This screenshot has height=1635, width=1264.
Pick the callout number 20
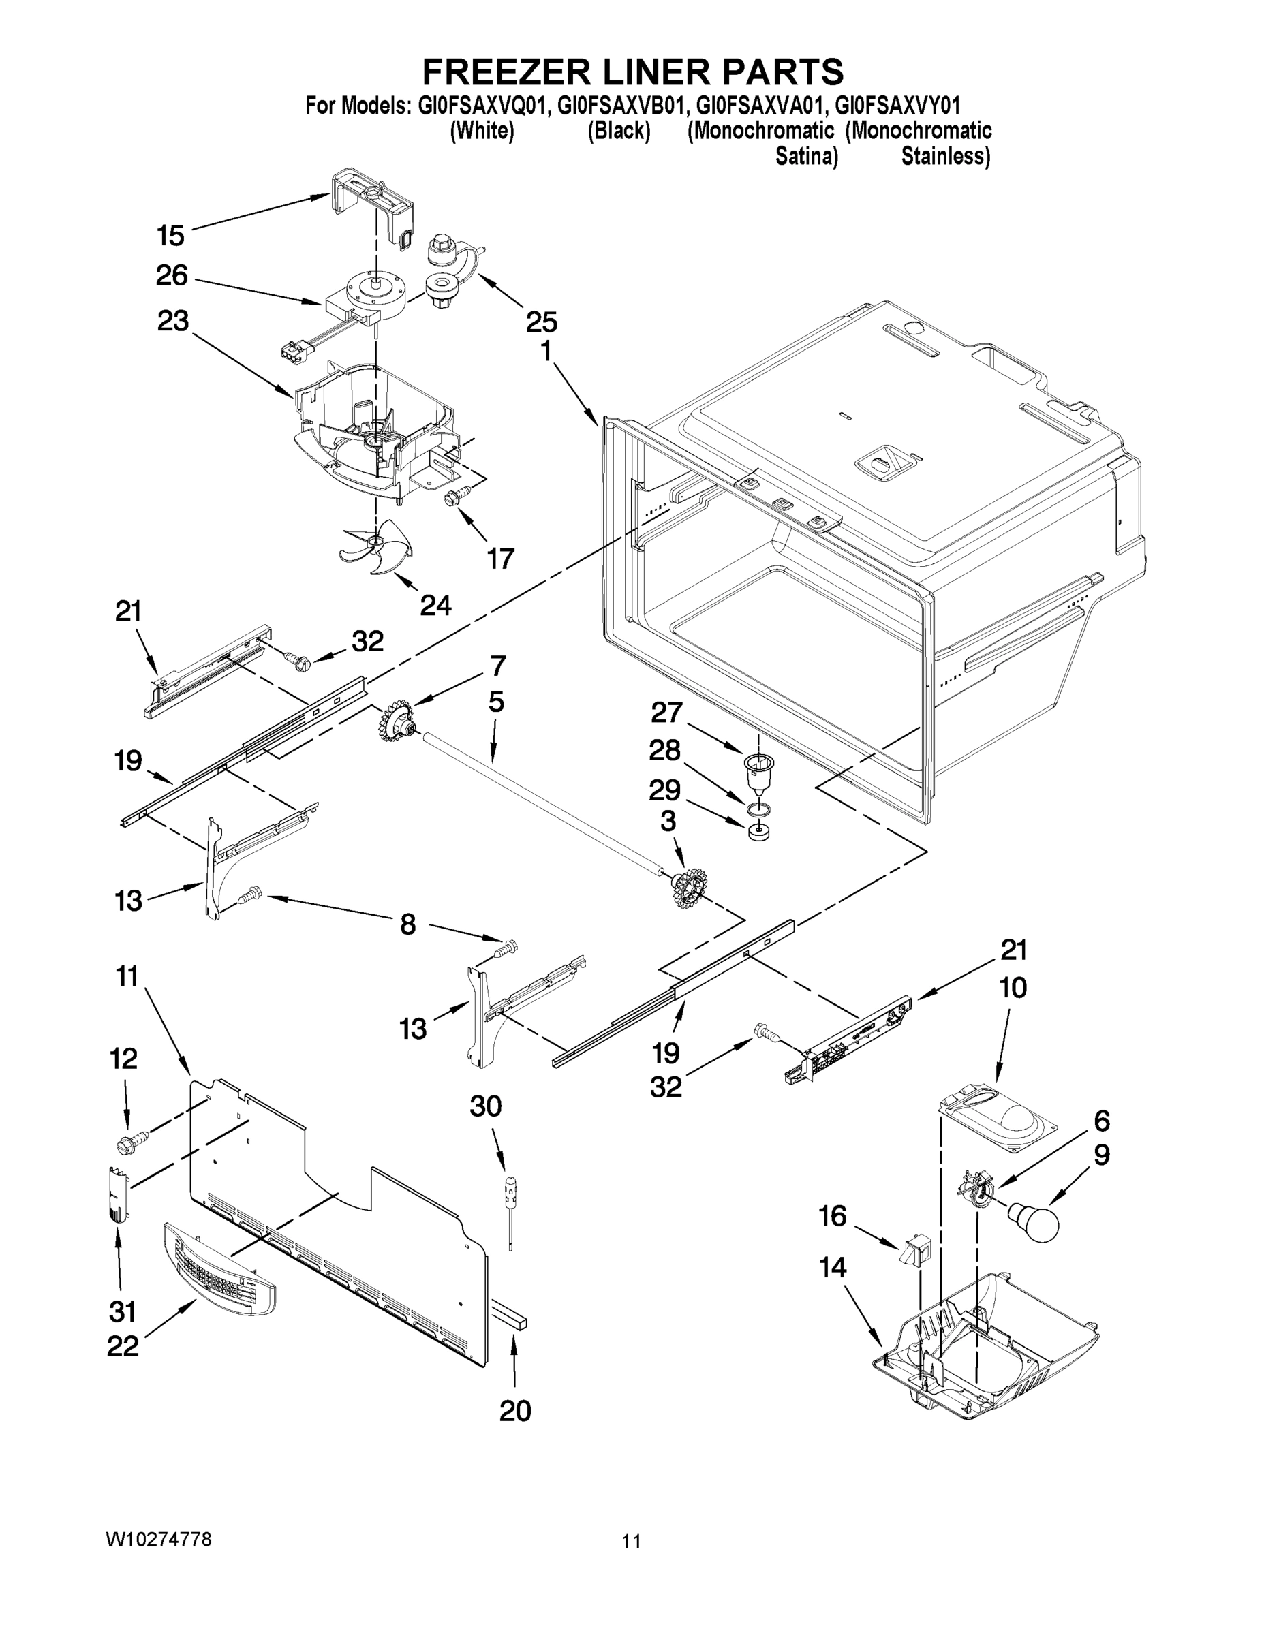(x=515, y=1410)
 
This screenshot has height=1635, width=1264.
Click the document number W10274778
(x=158, y=1539)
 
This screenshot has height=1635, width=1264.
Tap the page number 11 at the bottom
(x=631, y=1542)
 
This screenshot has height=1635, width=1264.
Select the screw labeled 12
(x=129, y=1142)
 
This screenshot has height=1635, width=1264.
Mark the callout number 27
(x=666, y=712)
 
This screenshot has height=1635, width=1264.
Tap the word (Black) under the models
(x=618, y=131)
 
